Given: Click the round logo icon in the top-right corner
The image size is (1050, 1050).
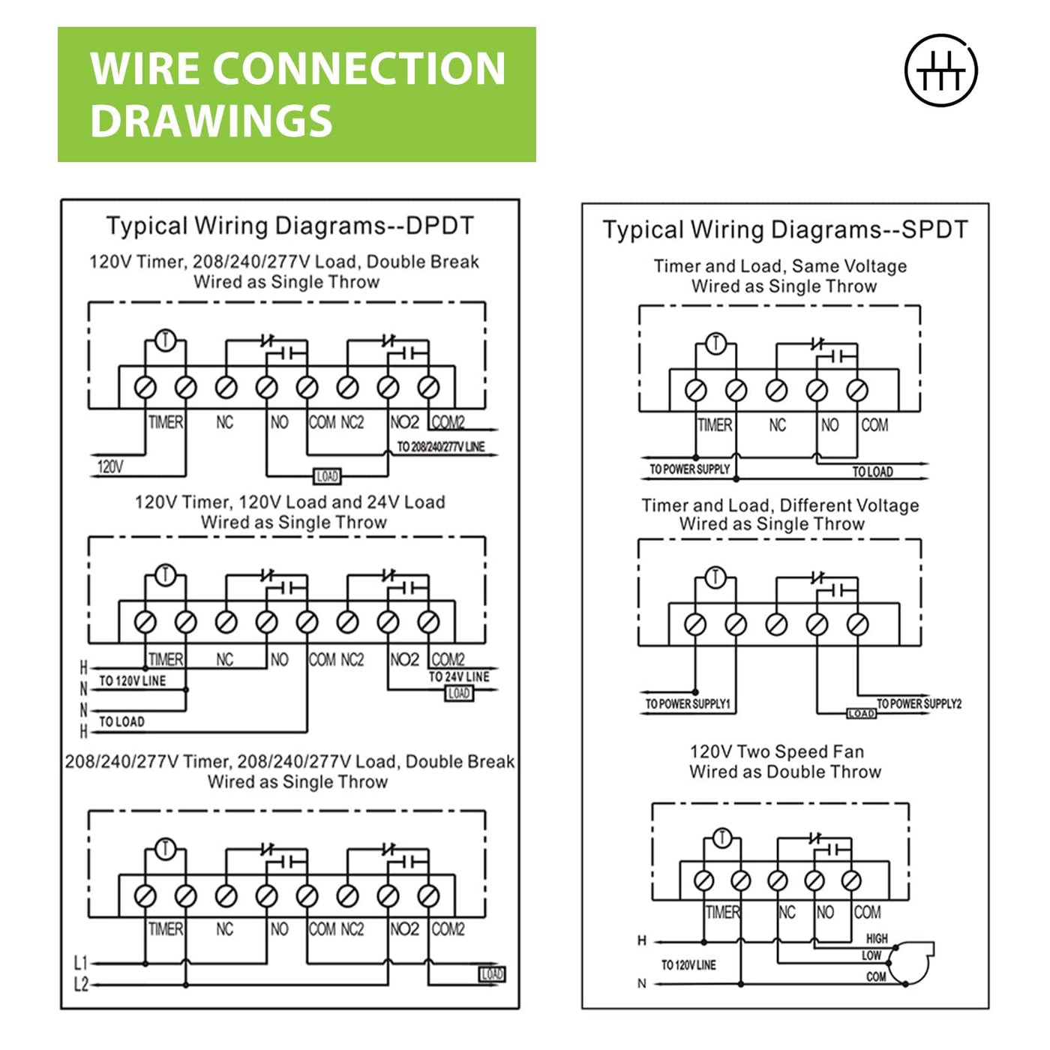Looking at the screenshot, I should (940, 70).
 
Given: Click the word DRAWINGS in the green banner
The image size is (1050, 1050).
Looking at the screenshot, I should (211, 121).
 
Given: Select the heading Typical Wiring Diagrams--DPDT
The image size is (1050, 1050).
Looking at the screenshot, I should (290, 226).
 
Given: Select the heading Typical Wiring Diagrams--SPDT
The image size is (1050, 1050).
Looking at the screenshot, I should (785, 229).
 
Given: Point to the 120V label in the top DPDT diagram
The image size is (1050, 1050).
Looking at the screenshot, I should (110, 466).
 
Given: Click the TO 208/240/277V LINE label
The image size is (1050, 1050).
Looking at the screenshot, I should (441, 447).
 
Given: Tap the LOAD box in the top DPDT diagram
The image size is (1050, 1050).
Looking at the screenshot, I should (327, 476).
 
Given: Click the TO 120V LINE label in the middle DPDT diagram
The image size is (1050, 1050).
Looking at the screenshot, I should (133, 681).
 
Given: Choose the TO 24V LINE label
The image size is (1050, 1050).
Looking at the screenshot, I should (459, 676).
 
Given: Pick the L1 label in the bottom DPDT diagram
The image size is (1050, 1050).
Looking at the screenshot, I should (81, 963).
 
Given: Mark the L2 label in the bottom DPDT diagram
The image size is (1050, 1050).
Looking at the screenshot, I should (81, 985).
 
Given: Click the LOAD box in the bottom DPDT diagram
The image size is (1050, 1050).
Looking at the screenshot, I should (492, 974).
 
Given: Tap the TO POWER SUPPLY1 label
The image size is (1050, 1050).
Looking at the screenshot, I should (688, 704).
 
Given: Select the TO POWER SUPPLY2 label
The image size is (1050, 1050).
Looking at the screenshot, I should (919, 703).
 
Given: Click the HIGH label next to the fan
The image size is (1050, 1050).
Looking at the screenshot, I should (877, 938).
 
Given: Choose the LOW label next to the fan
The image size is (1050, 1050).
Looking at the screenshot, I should (871, 955).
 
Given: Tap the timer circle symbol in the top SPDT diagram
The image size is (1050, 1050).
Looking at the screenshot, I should (716, 344).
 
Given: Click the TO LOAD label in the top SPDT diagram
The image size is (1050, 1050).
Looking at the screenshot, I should (872, 472).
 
